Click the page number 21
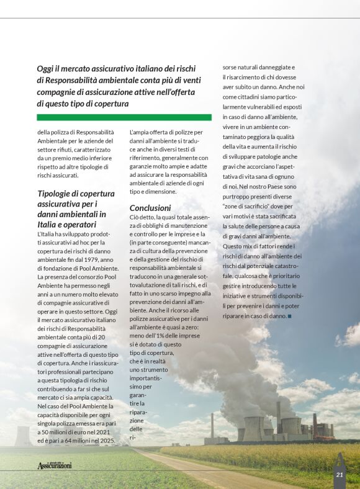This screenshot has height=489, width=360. pos(340,475)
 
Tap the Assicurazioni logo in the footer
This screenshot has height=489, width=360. pos(54,465)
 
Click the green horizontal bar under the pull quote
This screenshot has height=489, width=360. pos(124,117)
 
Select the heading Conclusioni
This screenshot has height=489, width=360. pos(150,208)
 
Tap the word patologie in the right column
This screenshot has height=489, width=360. pos(279,157)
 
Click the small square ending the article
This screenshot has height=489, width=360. pos(290,316)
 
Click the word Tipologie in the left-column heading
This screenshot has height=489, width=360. pos(56,194)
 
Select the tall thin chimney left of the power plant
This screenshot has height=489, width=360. pos(212,426)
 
